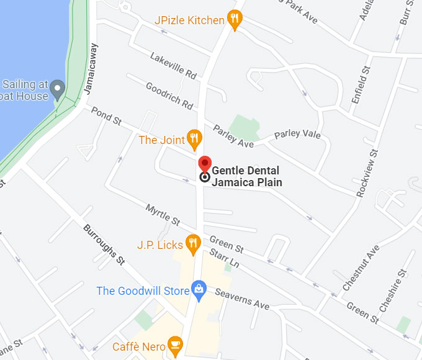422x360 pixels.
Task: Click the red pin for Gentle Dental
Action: (x=204, y=165)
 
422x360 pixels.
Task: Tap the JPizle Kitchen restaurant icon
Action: (x=234, y=20)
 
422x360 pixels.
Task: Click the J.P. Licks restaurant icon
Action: (x=193, y=243)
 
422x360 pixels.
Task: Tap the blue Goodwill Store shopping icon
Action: (x=198, y=289)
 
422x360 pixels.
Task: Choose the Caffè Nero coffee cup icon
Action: (x=176, y=345)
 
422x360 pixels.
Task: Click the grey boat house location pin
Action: (x=57, y=89)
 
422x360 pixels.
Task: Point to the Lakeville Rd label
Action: (x=173, y=65)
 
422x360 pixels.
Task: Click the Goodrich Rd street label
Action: (x=169, y=96)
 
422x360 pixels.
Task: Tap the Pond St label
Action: (x=106, y=115)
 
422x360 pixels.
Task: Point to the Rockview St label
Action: (x=367, y=174)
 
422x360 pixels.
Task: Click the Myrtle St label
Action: (x=163, y=214)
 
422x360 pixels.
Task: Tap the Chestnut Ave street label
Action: (x=361, y=268)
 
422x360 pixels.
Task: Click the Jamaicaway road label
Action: (x=91, y=69)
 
